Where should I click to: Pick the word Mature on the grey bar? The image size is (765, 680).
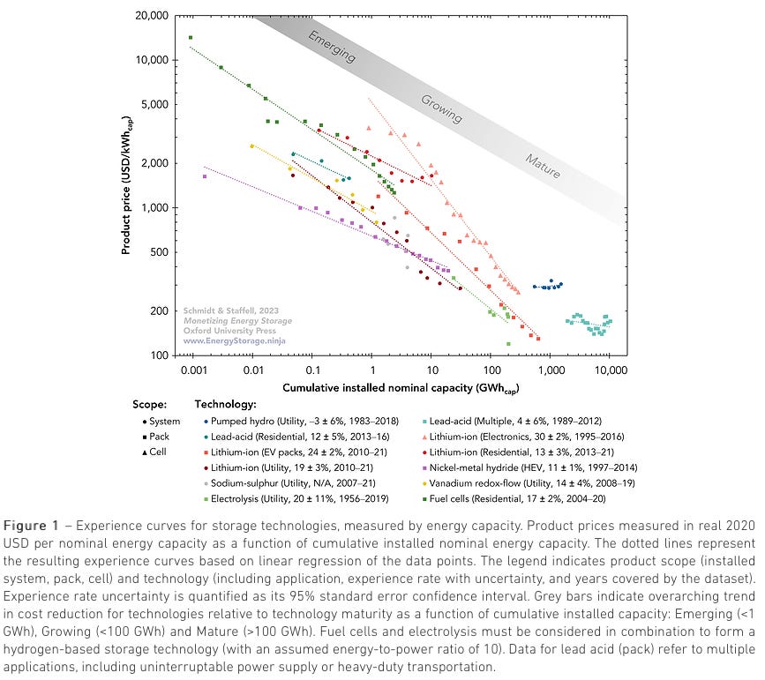click(x=543, y=166)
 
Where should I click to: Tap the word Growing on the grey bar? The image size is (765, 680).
click(x=440, y=108)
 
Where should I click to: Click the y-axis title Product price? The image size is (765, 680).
click(x=127, y=185)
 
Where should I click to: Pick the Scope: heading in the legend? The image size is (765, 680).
click(x=148, y=405)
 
